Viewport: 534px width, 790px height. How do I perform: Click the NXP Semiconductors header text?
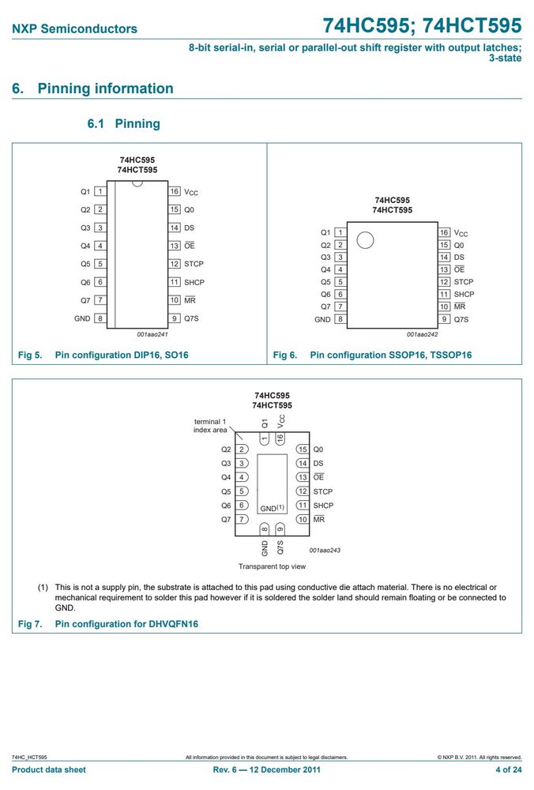click(74, 28)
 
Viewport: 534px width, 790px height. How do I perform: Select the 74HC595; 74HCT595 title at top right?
click(422, 25)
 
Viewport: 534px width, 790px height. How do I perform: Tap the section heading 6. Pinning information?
click(92, 88)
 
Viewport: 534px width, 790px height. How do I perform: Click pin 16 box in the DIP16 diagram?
click(175, 191)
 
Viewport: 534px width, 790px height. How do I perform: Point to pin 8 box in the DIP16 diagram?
click(100, 318)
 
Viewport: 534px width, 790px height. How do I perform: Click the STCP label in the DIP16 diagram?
click(194, 264)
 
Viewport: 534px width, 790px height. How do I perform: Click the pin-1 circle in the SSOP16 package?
click(365, 240)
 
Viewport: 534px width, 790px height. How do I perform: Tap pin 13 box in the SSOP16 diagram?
click(444, 269)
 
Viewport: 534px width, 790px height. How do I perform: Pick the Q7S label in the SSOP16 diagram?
click(461, 319)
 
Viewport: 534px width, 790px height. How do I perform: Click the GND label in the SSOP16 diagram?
click(322, 319)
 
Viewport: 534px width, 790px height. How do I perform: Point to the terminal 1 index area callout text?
click(210, 426)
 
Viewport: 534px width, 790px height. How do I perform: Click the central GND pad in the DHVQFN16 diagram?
click(272, 483)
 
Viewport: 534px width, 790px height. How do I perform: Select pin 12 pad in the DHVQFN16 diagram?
click(303, 491)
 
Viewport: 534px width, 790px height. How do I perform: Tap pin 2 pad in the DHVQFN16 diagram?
click(242, 450)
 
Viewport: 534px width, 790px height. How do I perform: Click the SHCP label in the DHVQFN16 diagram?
click(323, 506)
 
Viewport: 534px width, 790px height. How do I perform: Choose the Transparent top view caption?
click(272, 566)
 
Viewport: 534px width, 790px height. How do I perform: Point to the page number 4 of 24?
click(508, 769)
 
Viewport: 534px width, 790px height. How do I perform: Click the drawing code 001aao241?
click(152, 334)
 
